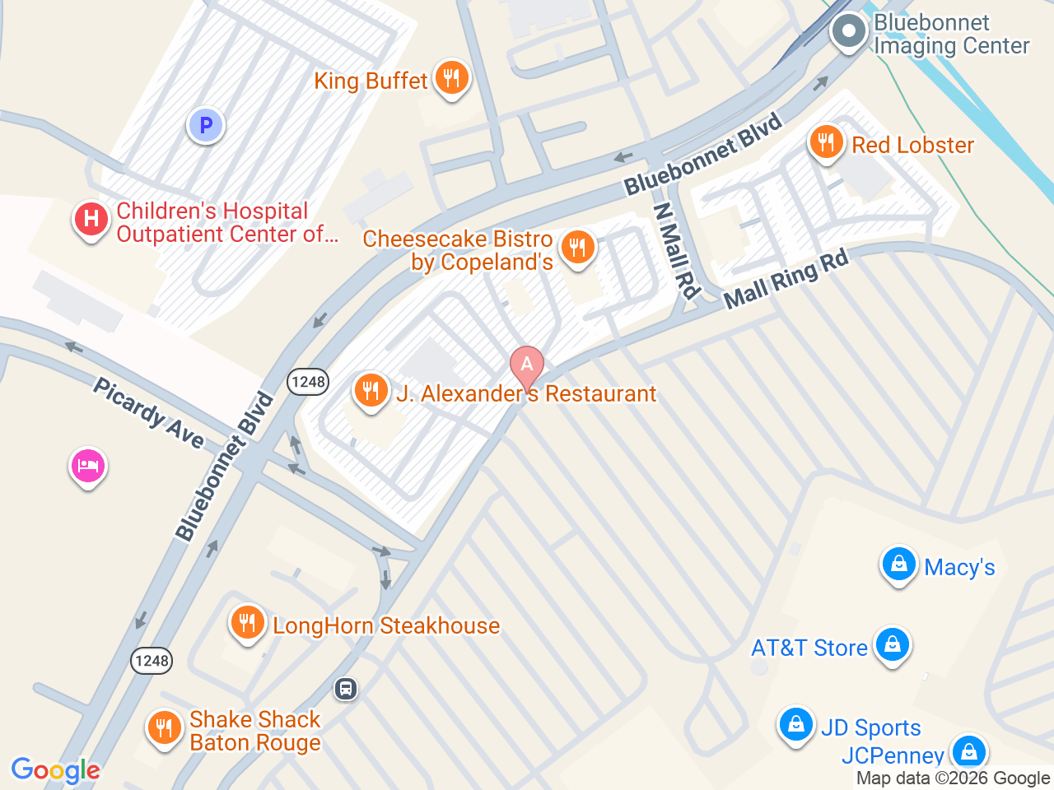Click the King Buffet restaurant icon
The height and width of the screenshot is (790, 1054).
pyautogui.click(x=450, y=78)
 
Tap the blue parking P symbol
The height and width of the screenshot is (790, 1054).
pyautogui.click(x=206, y=126)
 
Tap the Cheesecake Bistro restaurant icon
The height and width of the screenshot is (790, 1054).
pyautogui.click(x=577, y=247)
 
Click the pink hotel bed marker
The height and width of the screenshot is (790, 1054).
pyautogui.click(x=87, y=467)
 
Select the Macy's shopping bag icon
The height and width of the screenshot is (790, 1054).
pyautogui.click(x=898, y=565)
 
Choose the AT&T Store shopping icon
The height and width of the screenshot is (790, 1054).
pyautogui.click(x=892, y=644)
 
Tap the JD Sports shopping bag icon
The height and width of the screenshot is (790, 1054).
pyautogui.click(x=795, y=724)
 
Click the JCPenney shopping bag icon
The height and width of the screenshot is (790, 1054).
pyautogui.click(x=968, y=751)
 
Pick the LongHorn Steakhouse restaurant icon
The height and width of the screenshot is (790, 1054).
pyautogui.click(x=247, y=623)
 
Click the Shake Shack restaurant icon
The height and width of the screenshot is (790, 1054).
pyautogui.click(x=164, y=727)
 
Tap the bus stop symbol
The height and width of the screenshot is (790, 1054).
pyautogui.click(x=346, y=688)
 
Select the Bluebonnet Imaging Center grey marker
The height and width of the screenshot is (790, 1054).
pyautogui.click(x=848, y=33)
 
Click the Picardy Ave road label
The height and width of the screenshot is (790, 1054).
pyautogui.click(x=148, y=413)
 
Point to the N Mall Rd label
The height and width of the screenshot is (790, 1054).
pyautogui.click(x=676, y=249)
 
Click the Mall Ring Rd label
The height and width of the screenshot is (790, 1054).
pyautogui.click(x=786, y=280)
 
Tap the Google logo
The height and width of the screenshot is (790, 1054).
pyautogui.click(x=55, y=771)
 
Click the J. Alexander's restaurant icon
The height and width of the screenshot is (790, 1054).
pyautogui.click(x=371, y=390)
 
